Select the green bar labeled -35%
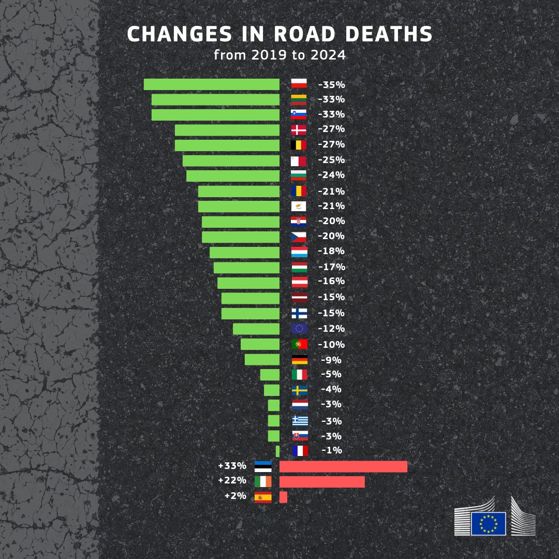coord(211,84)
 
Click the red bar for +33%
coord(343,466)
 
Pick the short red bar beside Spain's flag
coord(283,497)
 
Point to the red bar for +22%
coord(322,482)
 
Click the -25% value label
coord(331,160)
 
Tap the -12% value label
coord(331,329)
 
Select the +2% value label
coord(235,495)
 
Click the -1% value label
coord(332,450)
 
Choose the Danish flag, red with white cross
coord(299,129)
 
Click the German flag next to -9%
coord(299,360)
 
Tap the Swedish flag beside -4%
coord(299,390)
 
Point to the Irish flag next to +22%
coord(263,481)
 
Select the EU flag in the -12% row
coord(299,329)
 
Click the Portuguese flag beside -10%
coord(299,344)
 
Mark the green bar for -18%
coord(244,252)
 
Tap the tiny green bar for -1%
coord(277,451)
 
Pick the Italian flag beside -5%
coord(299,374)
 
